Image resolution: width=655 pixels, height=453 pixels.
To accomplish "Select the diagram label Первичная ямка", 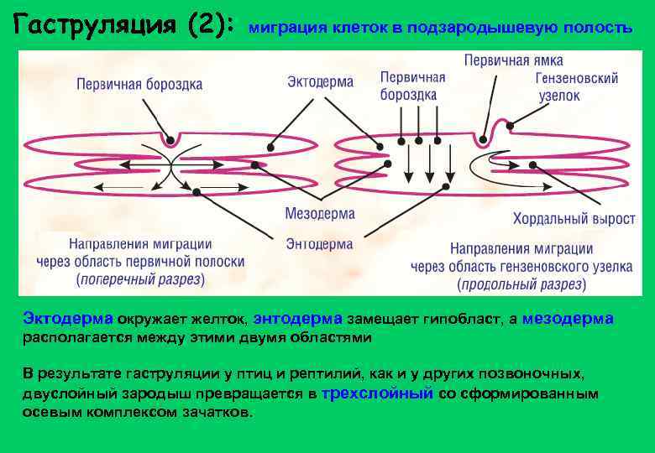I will coord(513,60).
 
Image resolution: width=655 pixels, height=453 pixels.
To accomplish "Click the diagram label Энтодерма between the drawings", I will coord(319,244).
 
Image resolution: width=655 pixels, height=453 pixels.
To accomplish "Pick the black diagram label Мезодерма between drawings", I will coord(320,213).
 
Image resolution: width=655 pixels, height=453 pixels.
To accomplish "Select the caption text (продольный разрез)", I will coord(521,284).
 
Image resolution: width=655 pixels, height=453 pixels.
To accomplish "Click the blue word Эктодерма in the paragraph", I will coord(68,319).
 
